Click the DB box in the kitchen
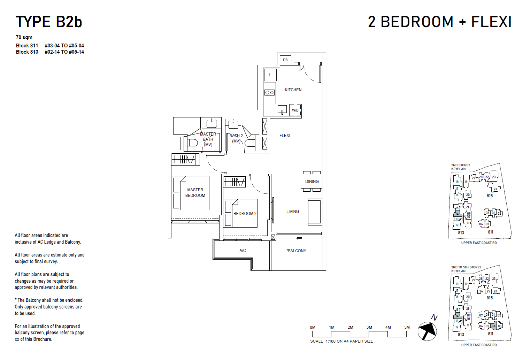tap(285, 60)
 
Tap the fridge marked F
tap(270, 75)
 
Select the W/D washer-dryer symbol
tap(295, 110)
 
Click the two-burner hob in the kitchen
tap(269, 92)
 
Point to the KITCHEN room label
tap(293, 90)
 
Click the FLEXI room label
tap(285, 136)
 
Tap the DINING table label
tap(312, 182)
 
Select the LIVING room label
tap(293, 212)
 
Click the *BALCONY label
tap(297, 251)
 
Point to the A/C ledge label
tap(243, 251)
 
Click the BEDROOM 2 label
tap(245, 214)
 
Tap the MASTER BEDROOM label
tap(195, 193)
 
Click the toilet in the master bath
tap(192, 143)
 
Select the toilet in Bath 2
tap(249, 143)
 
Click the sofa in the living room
tap(314, 212)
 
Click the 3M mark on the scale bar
tap(369, 328)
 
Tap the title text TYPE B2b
tap(49, 22)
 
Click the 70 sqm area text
tap(24, 37)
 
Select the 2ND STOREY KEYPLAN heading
tap(461, 167)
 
